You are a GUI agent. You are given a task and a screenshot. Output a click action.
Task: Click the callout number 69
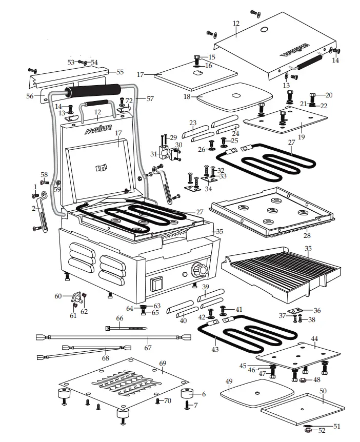click(163, 363)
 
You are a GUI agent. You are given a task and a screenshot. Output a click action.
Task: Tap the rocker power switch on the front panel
click(156, 283)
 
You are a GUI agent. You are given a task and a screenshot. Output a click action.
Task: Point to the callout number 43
click(214, 349)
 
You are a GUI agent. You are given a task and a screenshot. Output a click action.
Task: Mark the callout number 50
click(323, 391)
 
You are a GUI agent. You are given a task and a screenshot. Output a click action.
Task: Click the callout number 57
click(150, 98)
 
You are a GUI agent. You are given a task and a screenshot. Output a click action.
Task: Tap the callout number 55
click(120, 72)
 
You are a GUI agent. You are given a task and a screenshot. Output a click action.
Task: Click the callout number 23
click(193, 123)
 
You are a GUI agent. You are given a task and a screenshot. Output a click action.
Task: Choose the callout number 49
click(229, 381)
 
